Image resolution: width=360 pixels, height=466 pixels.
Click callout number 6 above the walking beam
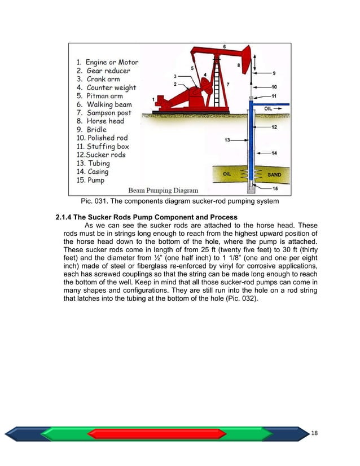tap(225, 46)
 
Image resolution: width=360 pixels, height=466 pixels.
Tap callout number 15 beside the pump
tap(274, 188)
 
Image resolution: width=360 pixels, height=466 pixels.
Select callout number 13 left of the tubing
tap(227, 139)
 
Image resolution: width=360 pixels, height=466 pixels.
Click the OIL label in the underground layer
tap(227, 174)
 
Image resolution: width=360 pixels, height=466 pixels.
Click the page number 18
tap(315, 432)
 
